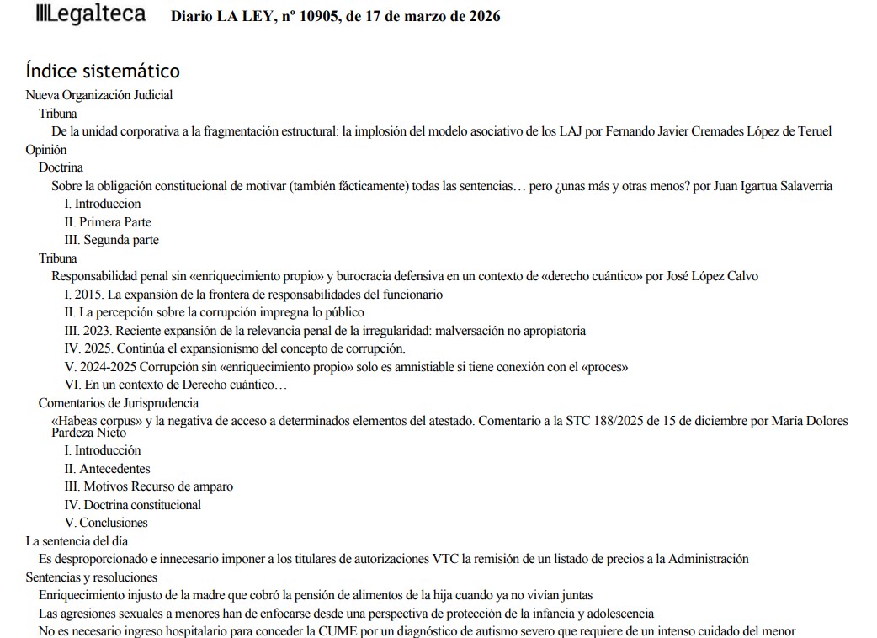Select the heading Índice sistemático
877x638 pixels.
point(103,71)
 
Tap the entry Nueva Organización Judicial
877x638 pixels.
point(99,95)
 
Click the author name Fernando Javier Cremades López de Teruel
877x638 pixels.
point(725,131)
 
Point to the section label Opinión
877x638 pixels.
point(46,150)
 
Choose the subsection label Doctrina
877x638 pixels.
point(61,167)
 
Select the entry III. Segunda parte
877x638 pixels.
point(111,240)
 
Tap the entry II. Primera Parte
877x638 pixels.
point(108,222)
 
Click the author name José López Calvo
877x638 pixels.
point(711,276)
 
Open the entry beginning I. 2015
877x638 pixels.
point(253,295)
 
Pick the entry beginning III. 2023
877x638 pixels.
point(325,331)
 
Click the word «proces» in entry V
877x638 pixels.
point(605,367)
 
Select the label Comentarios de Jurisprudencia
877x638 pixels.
point(119,403)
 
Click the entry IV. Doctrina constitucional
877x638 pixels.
point(133,505)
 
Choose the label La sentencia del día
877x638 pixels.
point(77,541)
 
